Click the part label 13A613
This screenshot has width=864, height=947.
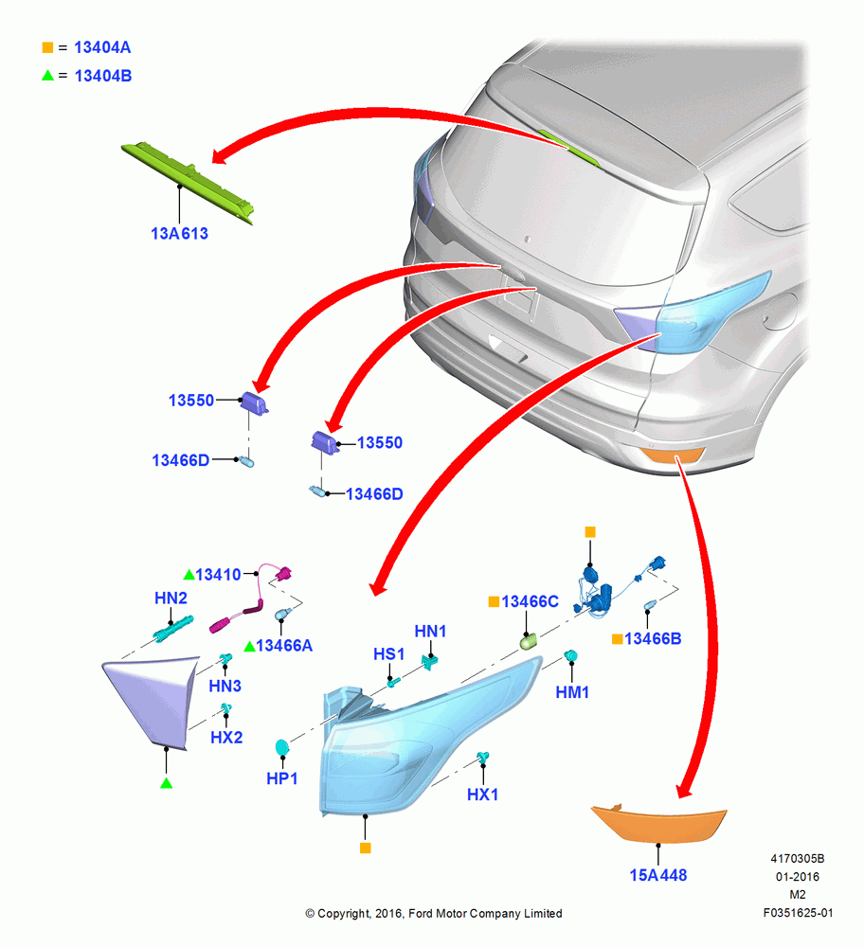point(179,234)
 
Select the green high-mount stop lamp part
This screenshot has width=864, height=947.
point(188,182)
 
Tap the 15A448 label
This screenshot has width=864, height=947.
point(658,875)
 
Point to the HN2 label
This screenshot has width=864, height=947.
point(171,598)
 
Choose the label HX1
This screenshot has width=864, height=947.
point(483,795)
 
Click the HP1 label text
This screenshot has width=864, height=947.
point(282,779)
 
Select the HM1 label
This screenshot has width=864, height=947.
point(572,693)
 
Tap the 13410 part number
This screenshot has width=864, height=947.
point(218,575)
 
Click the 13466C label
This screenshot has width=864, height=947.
point(530,601)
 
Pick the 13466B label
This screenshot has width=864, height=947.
point(653,639)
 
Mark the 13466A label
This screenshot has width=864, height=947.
point(284,646)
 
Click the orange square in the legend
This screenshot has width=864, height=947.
point(47,47)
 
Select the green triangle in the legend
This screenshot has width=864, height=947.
point(47,76)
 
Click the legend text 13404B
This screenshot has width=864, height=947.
point(102,76)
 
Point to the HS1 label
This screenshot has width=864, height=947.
point(389,654)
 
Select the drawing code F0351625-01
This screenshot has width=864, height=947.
point(798,913)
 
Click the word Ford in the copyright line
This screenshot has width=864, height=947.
point(421,914)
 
